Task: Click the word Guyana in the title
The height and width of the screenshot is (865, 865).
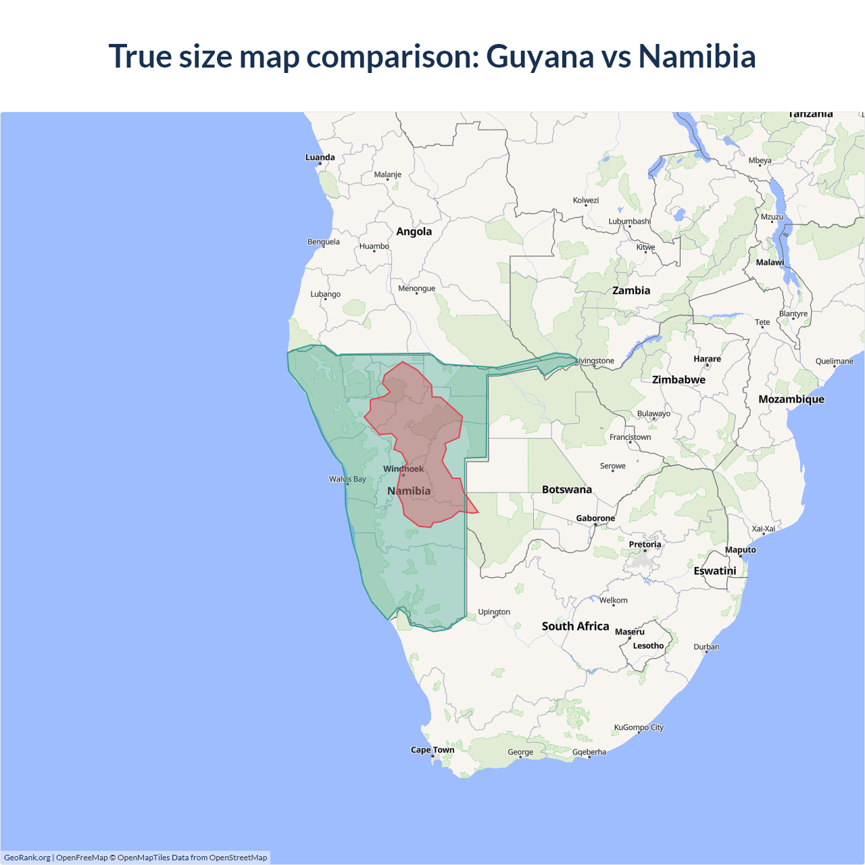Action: [x=540, y=57]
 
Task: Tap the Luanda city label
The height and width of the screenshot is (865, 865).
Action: [x=320, y=157]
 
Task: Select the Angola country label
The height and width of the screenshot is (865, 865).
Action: [x=414, y=232]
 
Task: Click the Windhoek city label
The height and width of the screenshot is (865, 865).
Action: [x=403, y=469]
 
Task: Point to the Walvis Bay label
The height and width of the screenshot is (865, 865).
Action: [x=347, y=479]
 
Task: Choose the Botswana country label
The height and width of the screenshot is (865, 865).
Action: [x=566, y=490]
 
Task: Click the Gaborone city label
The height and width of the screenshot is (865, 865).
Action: [x=595, y=518]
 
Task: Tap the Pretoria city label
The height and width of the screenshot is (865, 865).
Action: [x=645, y=545]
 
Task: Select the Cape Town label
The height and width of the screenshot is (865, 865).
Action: [x=432, y=750]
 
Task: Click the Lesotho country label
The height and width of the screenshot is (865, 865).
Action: [x=648, y=646]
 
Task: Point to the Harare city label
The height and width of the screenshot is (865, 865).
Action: [x=707, y=360]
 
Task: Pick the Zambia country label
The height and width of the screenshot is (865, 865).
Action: [x=631, y=291]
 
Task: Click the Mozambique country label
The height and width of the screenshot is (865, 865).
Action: [x=791, y=399]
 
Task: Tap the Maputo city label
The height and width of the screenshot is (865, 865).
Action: [x=740, y=550]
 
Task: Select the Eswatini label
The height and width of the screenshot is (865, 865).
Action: [x=715, y=571]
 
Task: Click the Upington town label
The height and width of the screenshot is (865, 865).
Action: [x=494, y=612]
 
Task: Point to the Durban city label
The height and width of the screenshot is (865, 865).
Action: [x=706, y=647]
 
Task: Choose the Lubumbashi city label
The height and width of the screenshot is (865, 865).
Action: [x=629, y=222]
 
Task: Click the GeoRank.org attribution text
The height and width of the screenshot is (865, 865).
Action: [x=27, y=858]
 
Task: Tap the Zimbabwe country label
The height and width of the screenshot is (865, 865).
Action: [x=678, y=380]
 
